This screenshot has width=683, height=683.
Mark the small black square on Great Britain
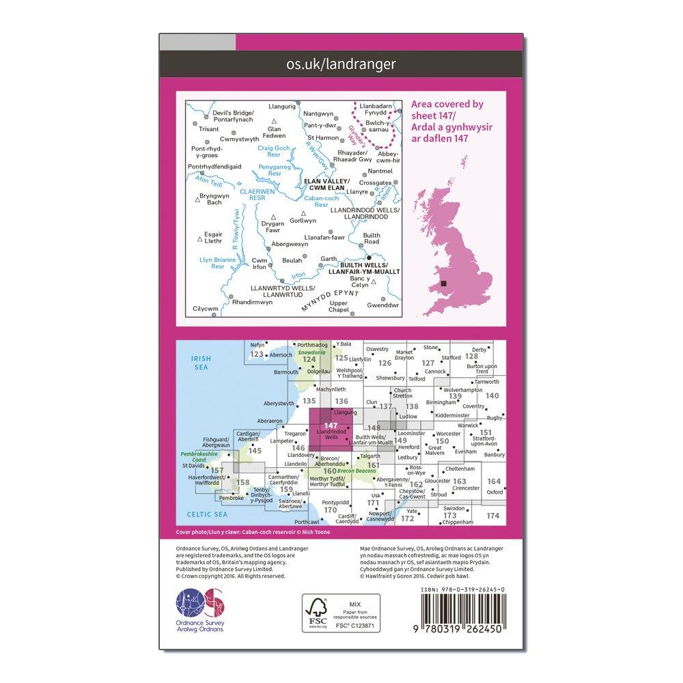(445, 283)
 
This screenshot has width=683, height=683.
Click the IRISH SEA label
(201, 362)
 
